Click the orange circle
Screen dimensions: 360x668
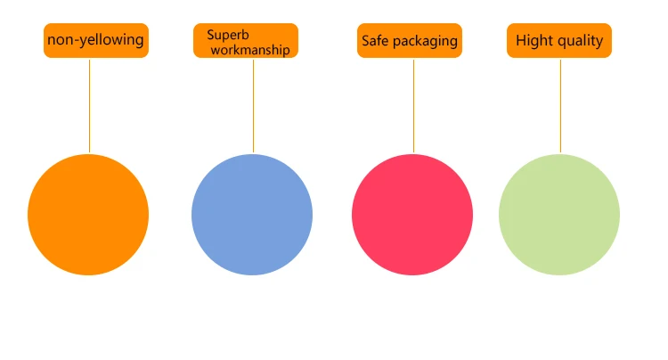(x=88, y=214)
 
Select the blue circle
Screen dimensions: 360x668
(x=252, y=214)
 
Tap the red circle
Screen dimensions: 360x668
(x=412, y=214)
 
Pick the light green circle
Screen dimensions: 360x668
(x=559, y=214)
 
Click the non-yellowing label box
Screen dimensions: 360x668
(x=96, y=41)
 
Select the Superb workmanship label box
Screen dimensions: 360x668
(x=246, y=41)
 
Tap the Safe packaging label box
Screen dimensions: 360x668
(x=410, y=41)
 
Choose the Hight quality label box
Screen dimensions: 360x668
(x=559, y=41)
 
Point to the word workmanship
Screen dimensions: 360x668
(x=250, y=50)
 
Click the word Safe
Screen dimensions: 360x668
(x=375, y=41)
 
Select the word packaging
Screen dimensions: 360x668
(x=425, y=42)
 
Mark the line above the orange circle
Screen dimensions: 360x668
(x=89, y=105)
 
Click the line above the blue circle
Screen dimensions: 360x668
(x=253, y=105)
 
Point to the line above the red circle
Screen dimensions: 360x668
(x=413, y=105)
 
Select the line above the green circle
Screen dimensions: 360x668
(x=560, y=105)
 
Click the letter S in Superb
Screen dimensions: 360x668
(x=210, y=35)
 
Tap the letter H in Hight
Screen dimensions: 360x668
(x=521, y=40)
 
